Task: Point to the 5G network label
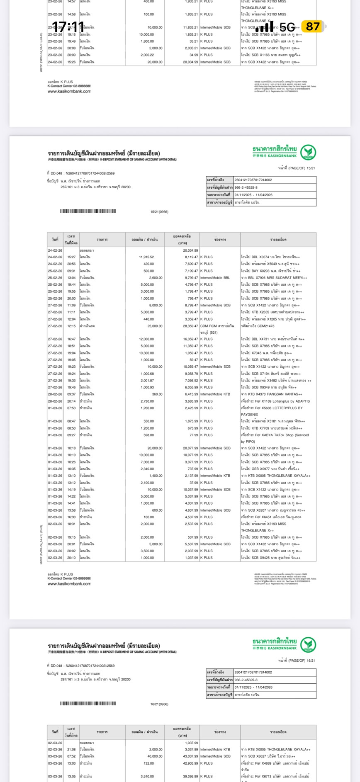point(287,27)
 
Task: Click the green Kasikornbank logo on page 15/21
point(308,152)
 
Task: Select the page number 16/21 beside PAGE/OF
point(311,661)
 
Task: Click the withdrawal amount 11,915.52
point(146,257)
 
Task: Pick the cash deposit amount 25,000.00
point(155,326)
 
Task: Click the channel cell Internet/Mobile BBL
point(215,278)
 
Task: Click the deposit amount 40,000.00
point(155,756)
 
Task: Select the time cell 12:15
point(72,326)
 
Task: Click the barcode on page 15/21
point(88,211)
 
